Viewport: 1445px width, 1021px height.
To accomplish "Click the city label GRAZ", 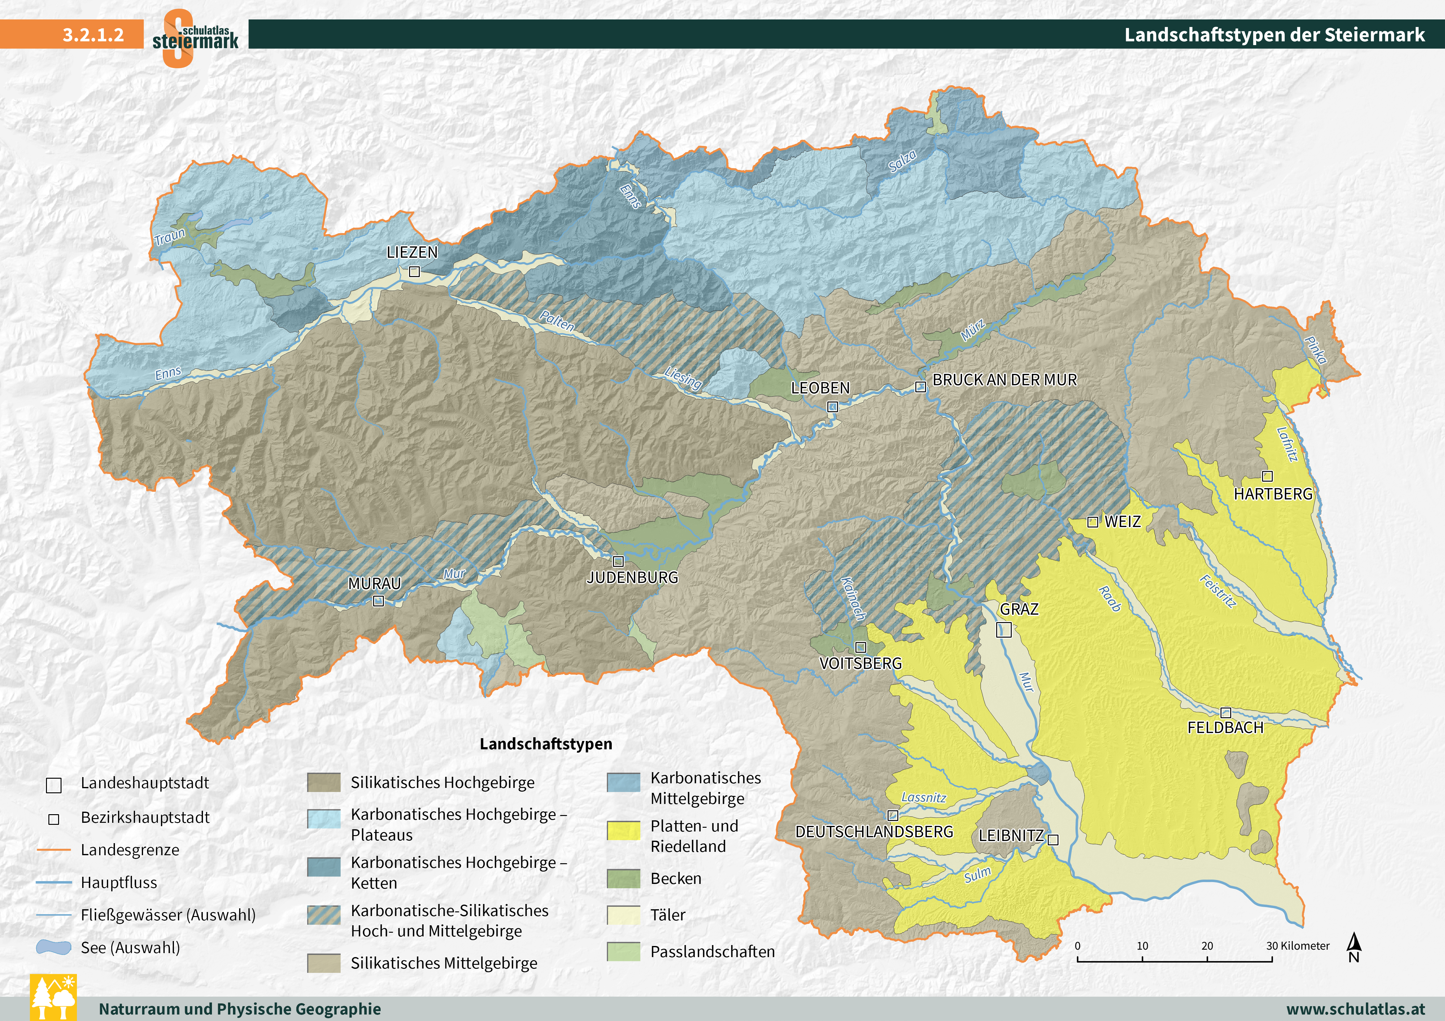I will (x=1019, y=609).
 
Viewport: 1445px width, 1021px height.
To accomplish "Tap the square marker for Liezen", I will (x=414, y=272).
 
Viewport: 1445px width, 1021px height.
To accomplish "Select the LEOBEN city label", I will (x=820, y=388).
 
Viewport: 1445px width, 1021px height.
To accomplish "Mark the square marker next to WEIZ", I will (x=1093, y=521).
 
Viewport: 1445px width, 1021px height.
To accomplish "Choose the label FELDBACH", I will (x=1225, y=728).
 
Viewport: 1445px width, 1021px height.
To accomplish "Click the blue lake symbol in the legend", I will (x=53, y=948).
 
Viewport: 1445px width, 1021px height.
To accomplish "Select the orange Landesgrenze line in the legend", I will (x=53, y=850).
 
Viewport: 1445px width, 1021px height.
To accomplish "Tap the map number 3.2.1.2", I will (x=93, y=35).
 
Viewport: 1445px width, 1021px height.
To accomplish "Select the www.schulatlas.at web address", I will (x=1356, y=1009).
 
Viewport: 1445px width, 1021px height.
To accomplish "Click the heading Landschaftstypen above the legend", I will (x=546, y=744).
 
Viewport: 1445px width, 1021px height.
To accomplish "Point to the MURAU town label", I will (x=374, y=584).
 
